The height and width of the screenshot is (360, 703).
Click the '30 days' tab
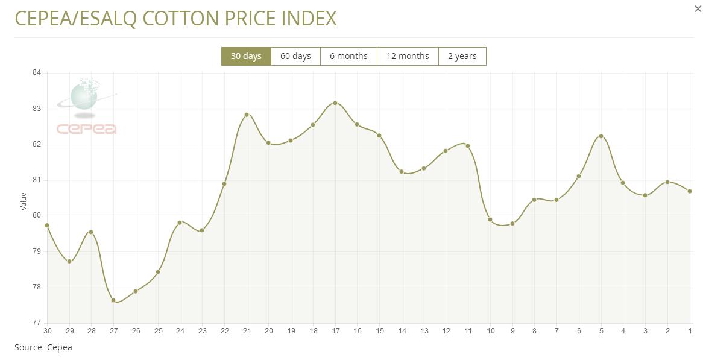click(246, 56)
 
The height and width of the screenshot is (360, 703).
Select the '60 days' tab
click(295, 56)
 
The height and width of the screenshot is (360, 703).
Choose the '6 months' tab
click(348, 56)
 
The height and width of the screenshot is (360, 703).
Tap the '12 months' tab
click(408, 56)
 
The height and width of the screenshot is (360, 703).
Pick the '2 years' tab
click(462, 56)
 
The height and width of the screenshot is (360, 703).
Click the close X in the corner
click(698, 9)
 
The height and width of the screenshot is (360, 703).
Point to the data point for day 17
click(335, 103)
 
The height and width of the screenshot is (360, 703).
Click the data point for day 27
click(113, 300)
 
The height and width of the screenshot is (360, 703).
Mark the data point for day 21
click(247, 115)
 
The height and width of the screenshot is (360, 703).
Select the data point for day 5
click(601, 136)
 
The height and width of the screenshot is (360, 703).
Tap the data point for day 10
click(490, 219)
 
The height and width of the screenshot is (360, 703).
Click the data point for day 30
click(47, 225)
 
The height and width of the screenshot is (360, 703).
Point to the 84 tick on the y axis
click(37, 73)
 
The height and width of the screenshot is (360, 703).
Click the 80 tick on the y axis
click(37, 216)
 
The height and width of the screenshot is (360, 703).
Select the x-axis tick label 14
click(402, 331)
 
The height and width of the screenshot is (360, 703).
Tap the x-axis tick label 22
click(224, 331)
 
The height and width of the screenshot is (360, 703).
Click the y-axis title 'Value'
click(24, 201)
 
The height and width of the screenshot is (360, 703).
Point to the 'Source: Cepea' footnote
click(43, 347)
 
